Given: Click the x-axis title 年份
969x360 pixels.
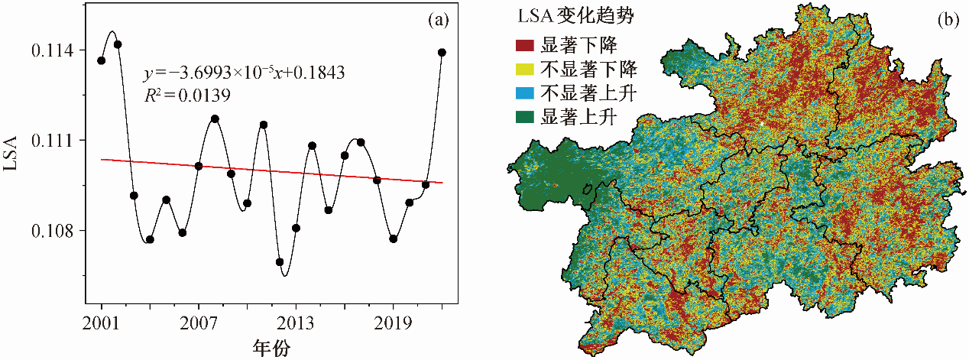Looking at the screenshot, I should pos(271,346).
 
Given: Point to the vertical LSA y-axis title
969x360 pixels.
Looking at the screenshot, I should pos(12,159).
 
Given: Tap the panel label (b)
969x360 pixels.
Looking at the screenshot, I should pos(948,21).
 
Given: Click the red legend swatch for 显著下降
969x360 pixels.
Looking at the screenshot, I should pos(525,46).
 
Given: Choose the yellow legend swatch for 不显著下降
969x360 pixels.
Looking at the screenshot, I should pos(525,70).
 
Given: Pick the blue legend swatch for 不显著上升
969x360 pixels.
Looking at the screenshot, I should pos(525,93).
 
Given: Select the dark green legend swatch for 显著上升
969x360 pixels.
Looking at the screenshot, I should pos(525,117).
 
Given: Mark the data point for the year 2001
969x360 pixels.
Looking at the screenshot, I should pos(102,60).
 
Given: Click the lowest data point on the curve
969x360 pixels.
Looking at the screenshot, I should pos(280,262).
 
